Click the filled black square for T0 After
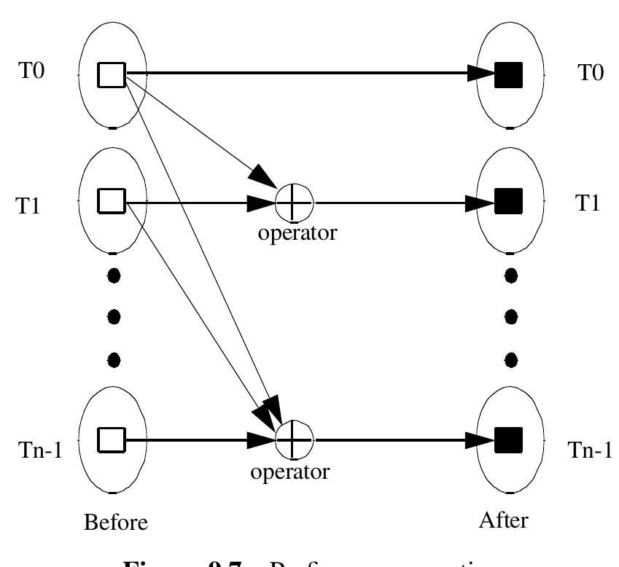point(509,74)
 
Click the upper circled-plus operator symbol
point(294,199)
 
